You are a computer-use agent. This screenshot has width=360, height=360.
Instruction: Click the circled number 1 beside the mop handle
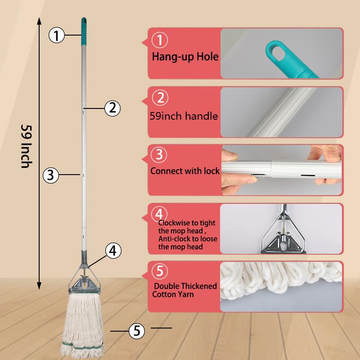[x=57, y=35]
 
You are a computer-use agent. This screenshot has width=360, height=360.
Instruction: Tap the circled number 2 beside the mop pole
[x=112, y=108]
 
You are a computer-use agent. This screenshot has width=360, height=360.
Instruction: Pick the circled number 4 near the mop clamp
[x=113, y=251]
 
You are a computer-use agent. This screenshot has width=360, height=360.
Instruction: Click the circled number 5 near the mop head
[x=137, y=331]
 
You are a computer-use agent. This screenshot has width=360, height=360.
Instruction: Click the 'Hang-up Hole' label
[x=185, y=57]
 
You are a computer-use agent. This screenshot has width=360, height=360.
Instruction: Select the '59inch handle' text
[x=184, y=116]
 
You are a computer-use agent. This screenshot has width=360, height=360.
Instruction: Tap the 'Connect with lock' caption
[x=185, y=171]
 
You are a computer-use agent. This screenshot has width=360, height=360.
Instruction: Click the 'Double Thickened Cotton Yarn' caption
[x=185, y=290]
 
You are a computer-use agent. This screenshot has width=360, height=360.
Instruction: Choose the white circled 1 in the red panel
[x=160, y=41]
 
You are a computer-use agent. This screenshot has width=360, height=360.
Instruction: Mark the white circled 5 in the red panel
[x=160, y=272]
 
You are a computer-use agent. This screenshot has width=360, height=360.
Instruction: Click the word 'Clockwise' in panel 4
[x=173, y=223]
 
